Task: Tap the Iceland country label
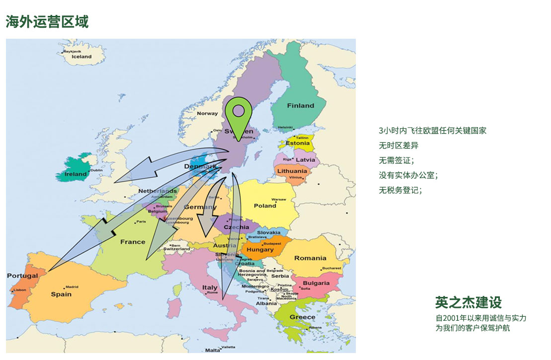tap(81, 57)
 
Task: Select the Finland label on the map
tap(300, 105)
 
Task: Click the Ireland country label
tap(75, 174)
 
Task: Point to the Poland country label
tap(265, 206)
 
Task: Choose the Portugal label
tap(22, 276)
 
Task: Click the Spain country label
tap(61, 294)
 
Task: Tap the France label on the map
tap(133, 242)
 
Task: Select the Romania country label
tap(310, 258)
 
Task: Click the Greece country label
tap(302, 317)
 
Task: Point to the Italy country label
tap(210, 288)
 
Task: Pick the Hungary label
tap(260, 250)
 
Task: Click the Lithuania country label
tap(292, 171)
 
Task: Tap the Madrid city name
tap(73, 287)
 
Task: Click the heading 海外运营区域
tap(47, 22)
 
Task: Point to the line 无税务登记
tap(400, 190)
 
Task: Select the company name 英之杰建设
tap(468, 302)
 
